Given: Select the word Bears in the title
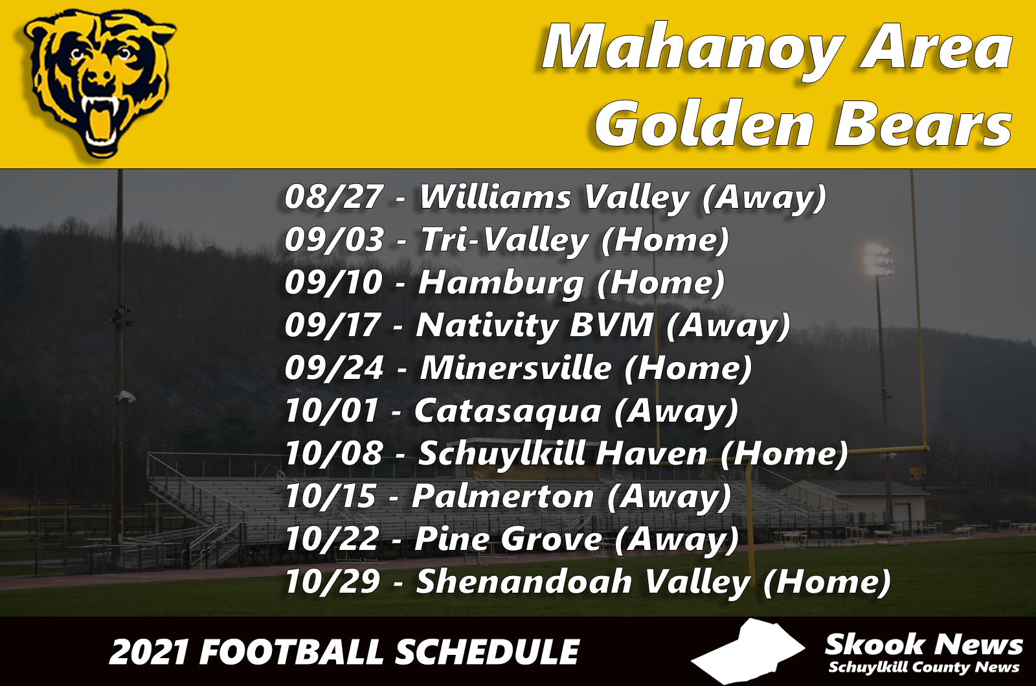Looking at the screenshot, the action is pyautogui.click(x=923, y=124).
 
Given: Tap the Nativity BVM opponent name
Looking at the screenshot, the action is pyautogui.click(x=535, y=326).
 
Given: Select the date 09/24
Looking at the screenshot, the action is pyautogui.click(x=334, y=369).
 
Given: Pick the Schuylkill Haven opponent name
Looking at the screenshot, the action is pyautogui.click(x=563, y=454).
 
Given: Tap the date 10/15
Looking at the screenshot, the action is pyautogui.click(x=330, y=497).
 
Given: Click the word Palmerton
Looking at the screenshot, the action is pyautogui.click(x=502, y=497).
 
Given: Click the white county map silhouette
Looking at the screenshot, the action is pyautogui.click(x=748, y=652).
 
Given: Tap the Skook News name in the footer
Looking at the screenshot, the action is pyautogui.click(x=923, y=645).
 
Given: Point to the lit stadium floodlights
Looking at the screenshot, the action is pyautogui.click(x=877, y=260).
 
